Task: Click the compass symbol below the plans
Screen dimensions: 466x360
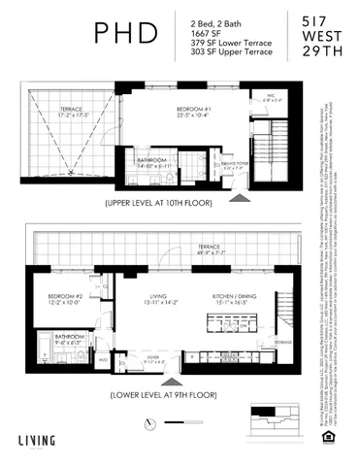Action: [150, 422]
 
